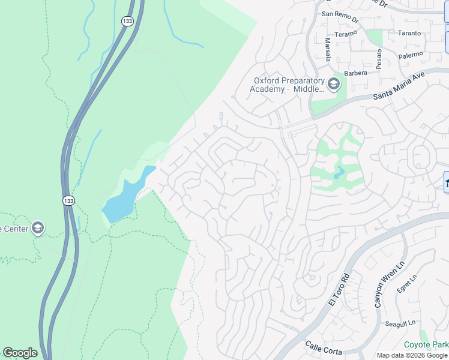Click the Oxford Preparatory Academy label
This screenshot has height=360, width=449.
pos(288,85)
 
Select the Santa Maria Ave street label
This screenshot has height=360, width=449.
pos(399,86)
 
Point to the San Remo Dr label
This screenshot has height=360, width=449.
pos(340,14)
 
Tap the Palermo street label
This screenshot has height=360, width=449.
pos(411,55)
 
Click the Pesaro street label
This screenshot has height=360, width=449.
pos(379,59)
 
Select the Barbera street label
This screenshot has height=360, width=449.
pos(355,73)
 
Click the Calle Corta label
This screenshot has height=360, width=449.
pos(323,346)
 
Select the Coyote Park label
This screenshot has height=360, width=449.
pos(426,344)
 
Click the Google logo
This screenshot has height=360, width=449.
pos(20,353)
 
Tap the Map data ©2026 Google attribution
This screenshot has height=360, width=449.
pos(412,355)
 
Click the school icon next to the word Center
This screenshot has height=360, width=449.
pos(38,228)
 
